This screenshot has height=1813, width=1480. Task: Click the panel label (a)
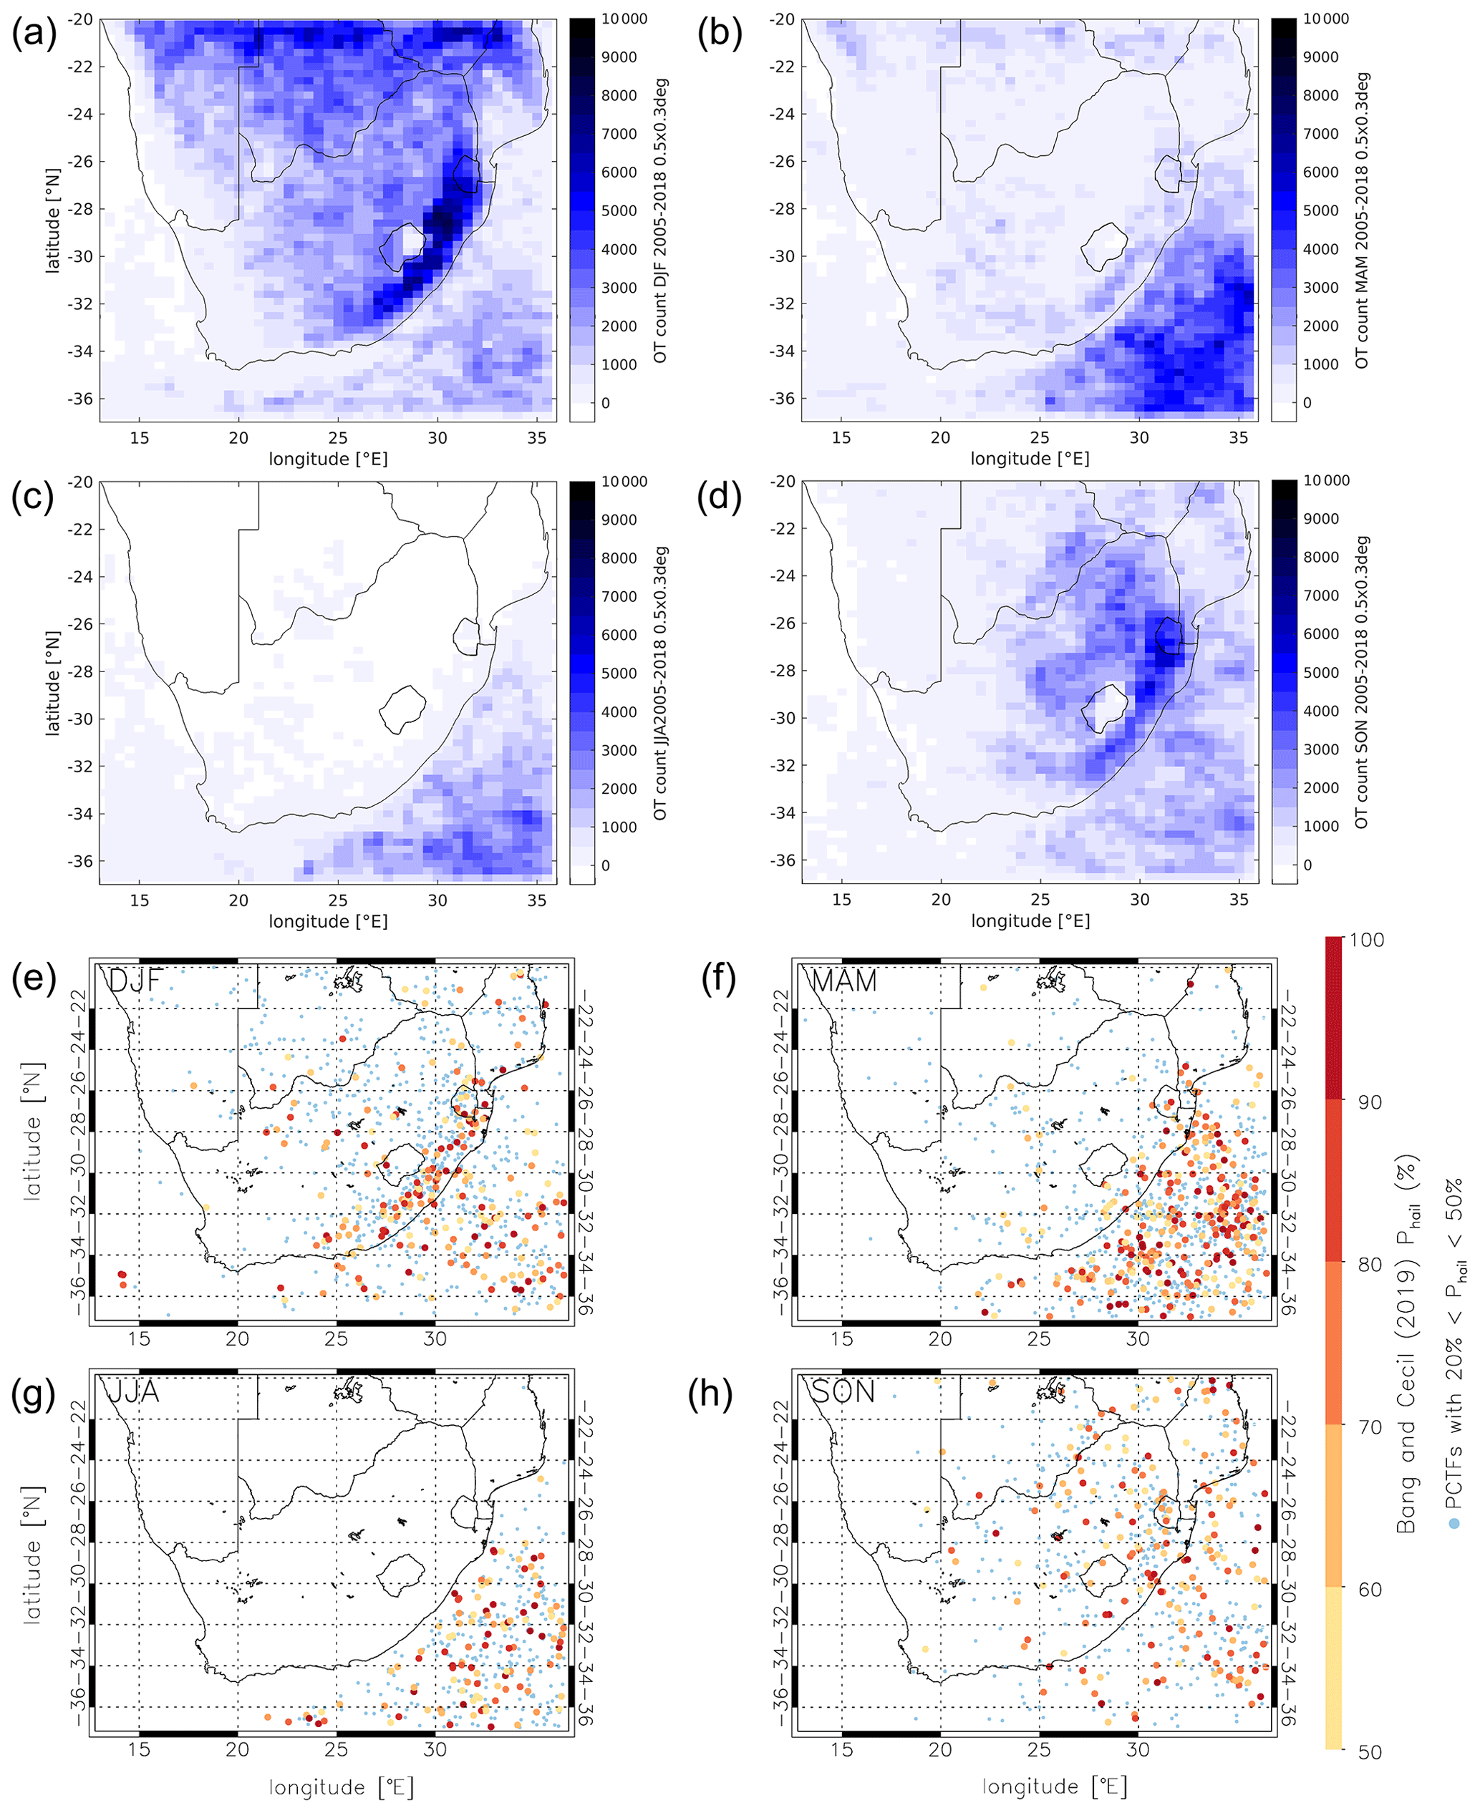click(33, 34)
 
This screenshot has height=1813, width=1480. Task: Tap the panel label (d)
click(719, 497)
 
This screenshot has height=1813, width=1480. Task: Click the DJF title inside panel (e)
click(135, 981)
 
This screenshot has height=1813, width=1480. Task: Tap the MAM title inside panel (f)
click(843, 981)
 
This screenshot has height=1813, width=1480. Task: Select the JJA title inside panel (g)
click(133, 1392)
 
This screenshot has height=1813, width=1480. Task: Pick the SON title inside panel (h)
click(842, 1392)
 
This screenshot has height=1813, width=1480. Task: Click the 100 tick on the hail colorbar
click(1367, 940)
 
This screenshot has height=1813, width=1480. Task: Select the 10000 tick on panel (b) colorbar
click(1325, 19)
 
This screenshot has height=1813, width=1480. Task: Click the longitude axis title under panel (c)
click(328, 921)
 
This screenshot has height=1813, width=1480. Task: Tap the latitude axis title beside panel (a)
click(53, 220)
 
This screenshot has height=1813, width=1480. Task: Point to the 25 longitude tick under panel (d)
click(1040, 899)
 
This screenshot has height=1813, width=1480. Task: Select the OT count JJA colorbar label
click(661, 683)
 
